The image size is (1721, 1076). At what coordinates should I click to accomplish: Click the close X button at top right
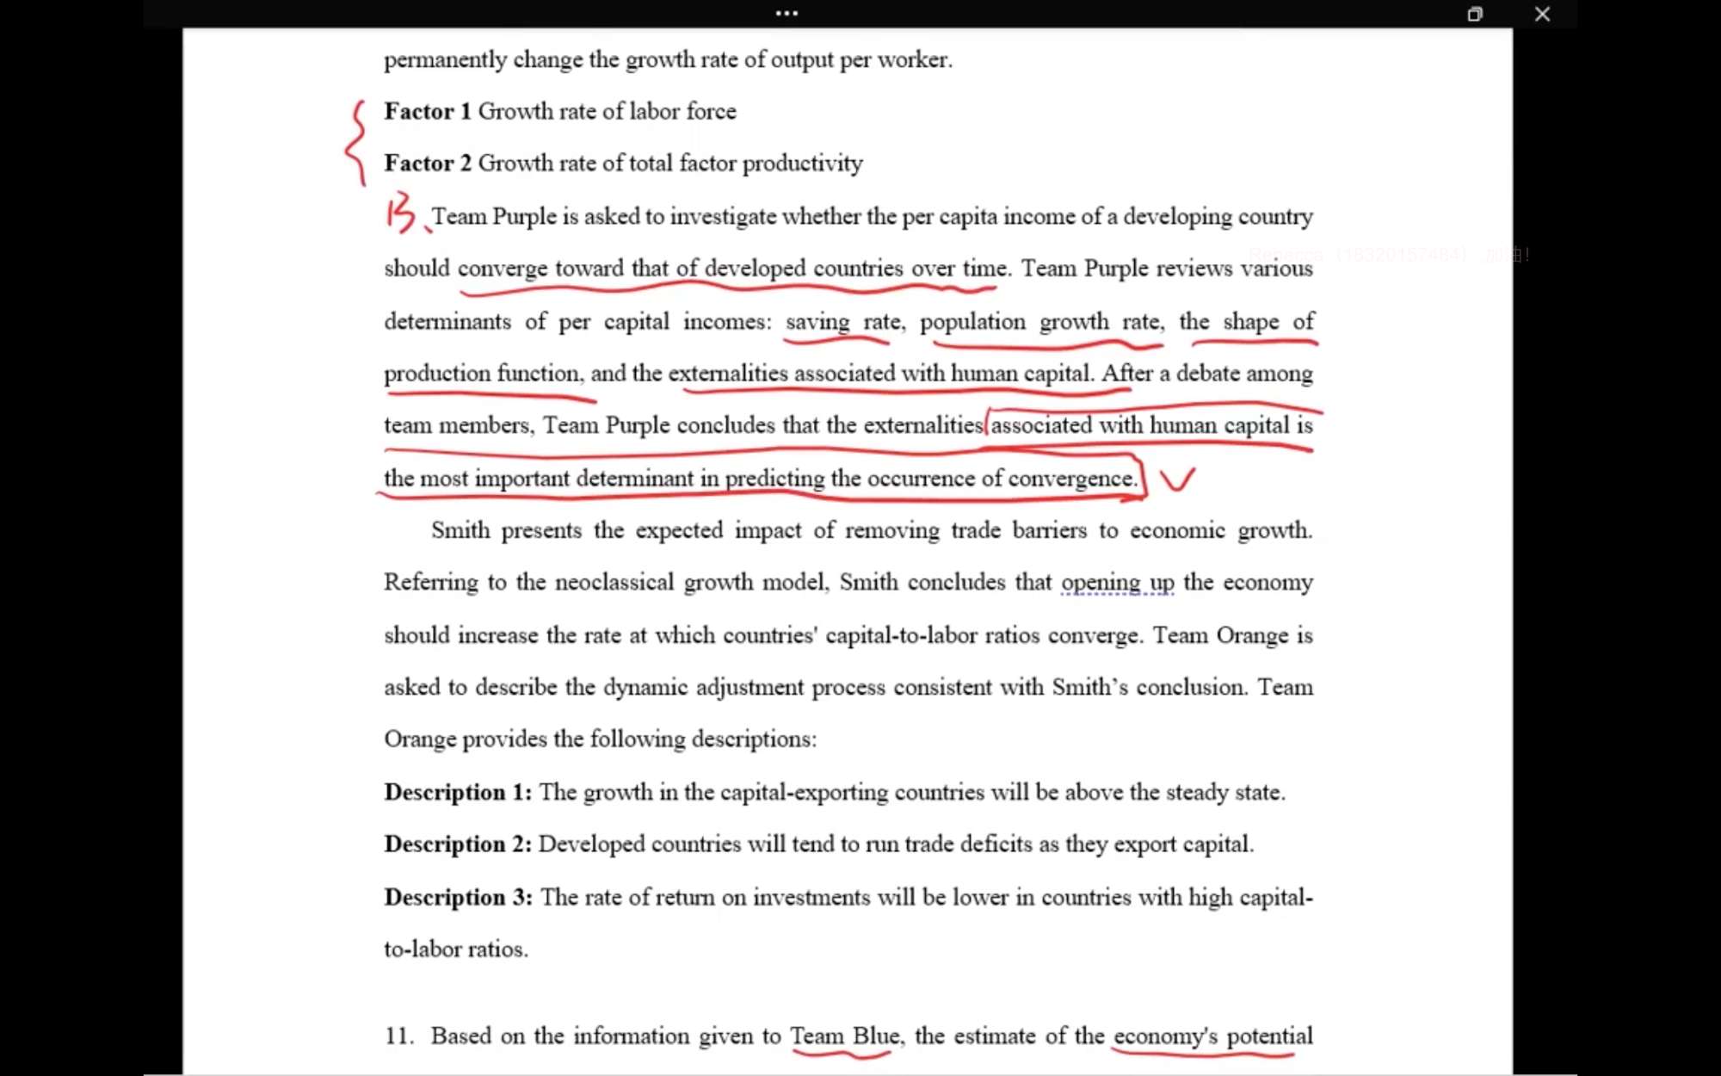click(1542, 14)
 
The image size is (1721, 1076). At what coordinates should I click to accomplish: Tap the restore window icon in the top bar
click(1475, 14)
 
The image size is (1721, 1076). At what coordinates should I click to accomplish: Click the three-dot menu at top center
click(786, 13)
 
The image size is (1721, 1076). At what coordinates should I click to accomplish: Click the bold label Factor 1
click(428, 111)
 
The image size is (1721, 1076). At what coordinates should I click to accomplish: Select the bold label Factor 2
click(428, 163)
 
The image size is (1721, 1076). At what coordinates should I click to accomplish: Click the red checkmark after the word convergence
click(1176, 479)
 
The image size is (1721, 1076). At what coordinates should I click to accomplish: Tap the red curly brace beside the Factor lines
click(355, 143)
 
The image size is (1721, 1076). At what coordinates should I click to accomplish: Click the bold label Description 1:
click(458, 792)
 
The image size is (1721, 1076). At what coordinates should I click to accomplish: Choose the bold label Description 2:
click(458, 844)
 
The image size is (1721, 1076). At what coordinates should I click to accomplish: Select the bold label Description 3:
click(458, 897)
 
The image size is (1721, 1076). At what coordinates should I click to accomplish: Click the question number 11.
click(398, 1036)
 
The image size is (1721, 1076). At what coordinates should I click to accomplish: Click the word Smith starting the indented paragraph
click(460, 530)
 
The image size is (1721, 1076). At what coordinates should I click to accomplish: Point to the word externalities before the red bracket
click(922, 425)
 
